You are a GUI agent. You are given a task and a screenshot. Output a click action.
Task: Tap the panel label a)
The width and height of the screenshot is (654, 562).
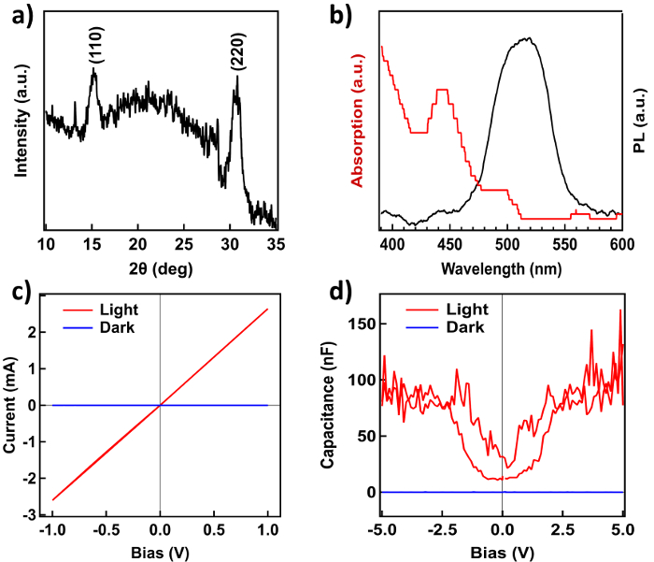(15, 15)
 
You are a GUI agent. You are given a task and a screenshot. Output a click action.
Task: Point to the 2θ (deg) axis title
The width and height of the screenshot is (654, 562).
(162, 267)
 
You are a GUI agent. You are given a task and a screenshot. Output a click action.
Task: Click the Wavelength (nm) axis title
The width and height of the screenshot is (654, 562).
(502, 267)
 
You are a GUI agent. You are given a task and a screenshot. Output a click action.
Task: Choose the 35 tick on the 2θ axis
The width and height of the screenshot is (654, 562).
(276, 245)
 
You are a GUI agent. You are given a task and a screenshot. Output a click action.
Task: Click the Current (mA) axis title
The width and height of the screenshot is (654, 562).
(13, 404)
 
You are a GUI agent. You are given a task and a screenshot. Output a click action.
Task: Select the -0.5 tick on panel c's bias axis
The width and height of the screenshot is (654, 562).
(107, 530)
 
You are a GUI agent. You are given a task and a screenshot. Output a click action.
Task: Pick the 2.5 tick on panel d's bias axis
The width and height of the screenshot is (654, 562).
(562, 530)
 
